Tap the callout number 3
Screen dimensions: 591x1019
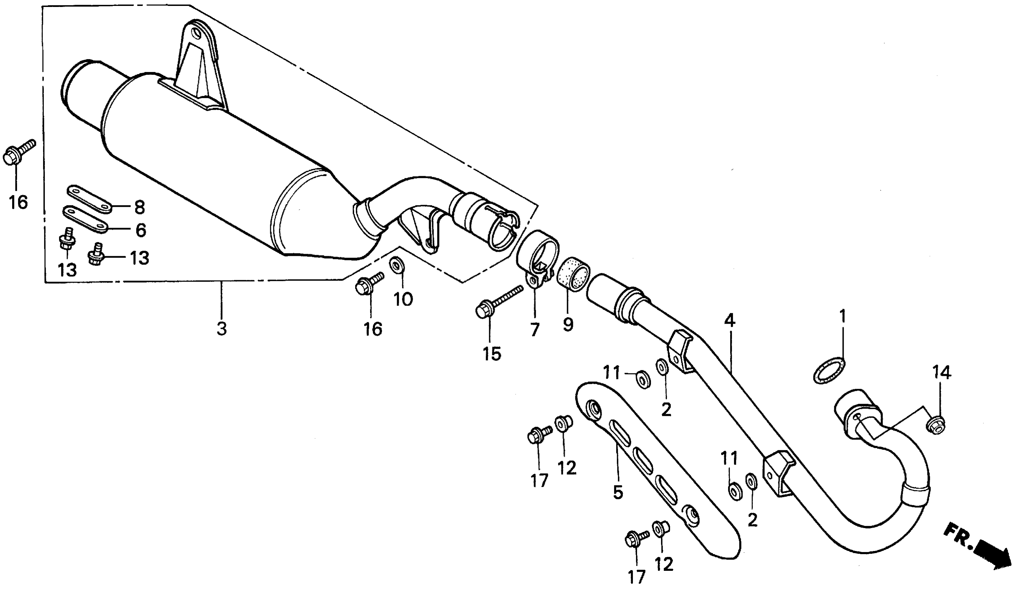coord(221,329)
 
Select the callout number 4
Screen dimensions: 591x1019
coord(729,321)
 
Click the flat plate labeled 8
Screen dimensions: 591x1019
coord(89,199)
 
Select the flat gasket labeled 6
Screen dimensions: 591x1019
coord(85,220)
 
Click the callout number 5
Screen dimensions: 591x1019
coord(617,492)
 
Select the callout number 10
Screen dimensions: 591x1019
coord(403,299)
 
